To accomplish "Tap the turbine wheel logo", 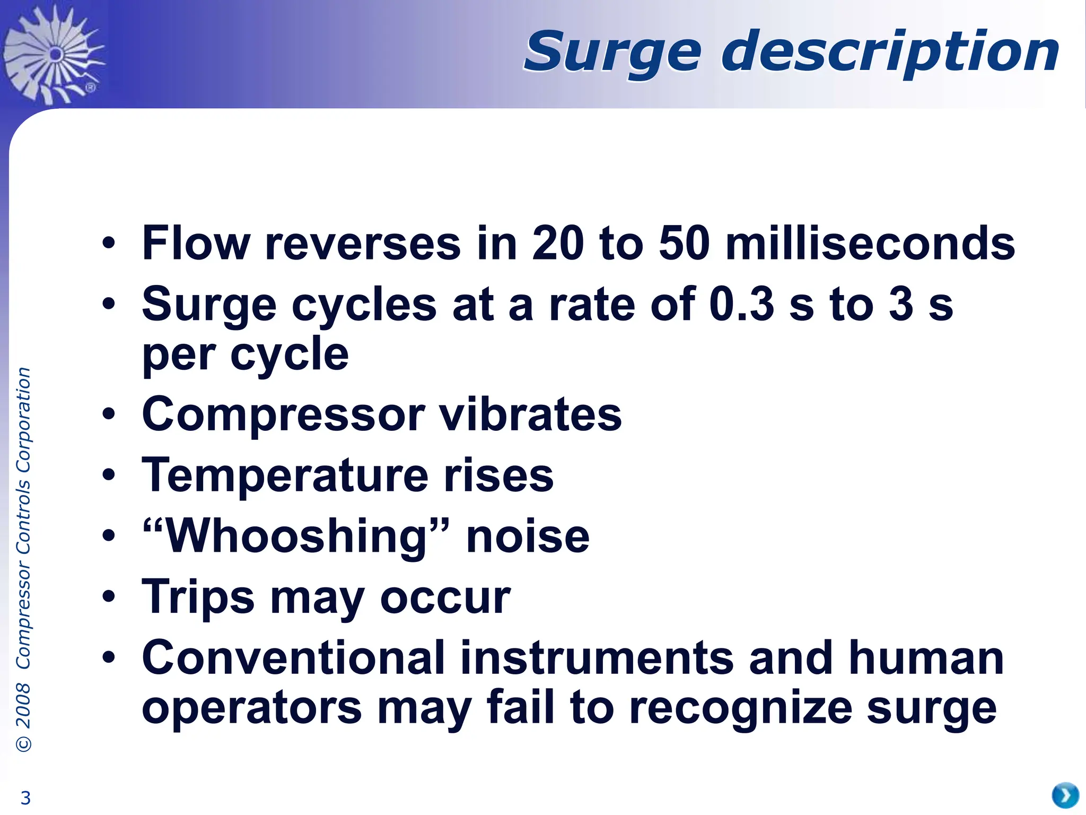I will [53, 53].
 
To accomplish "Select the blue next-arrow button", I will [1065, 795].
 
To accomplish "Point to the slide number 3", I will [25, 797].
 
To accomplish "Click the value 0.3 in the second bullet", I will [742, 305].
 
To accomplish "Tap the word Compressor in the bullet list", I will [284, 415].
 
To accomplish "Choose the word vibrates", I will [531, 415].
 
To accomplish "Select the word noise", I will [528, 536].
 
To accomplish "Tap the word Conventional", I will [294, 658].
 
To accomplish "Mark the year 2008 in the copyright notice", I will [23, 706].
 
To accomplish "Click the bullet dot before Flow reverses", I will [109, 244].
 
